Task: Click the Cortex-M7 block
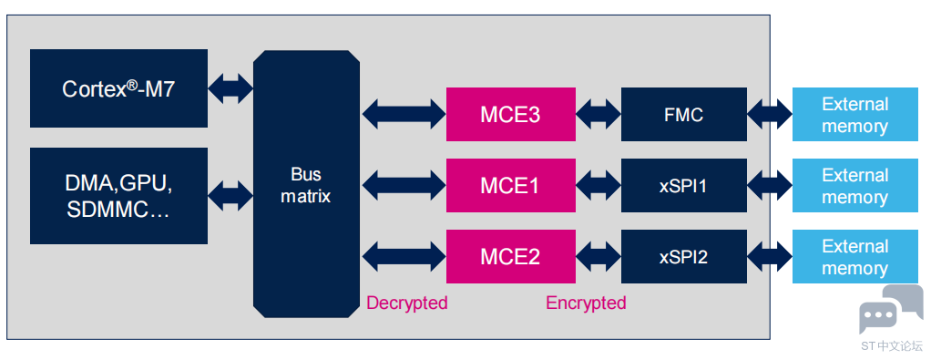tap(118, 88)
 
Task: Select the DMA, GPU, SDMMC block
tap(118, 196)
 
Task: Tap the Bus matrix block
tap(306, 184)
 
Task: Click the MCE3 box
tap(511, 114)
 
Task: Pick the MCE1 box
tap(511, 185)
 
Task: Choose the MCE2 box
tap(511, 257)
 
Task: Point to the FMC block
tap(684, 114)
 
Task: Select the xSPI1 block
tap(684, 185)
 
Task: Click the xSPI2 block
tap(684, 257)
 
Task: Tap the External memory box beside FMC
tap(854, 114)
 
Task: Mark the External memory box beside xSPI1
tap(854, 185)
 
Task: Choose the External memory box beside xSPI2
tap(854, 257)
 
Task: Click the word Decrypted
tap(406, 303)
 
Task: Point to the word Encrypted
tap(586, 303)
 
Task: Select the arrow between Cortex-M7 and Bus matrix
tap(231, 89)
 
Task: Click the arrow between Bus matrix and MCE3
tap(404, 114)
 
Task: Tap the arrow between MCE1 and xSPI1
tap(598, 185)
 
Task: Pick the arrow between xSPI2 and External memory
tap(770, 257)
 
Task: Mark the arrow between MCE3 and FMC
tap(598, 114)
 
